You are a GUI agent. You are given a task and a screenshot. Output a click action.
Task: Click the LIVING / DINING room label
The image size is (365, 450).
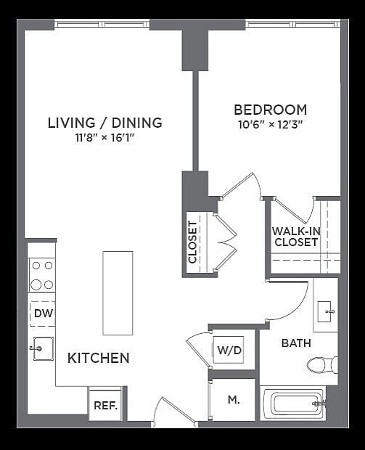pyautogui.click(x=104, y=123)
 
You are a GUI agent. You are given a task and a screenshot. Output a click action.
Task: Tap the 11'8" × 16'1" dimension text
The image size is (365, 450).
pyautogui.click(x=104, y=137)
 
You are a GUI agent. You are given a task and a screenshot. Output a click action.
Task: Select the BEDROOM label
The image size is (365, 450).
pyautogui.click(x=270, y=110)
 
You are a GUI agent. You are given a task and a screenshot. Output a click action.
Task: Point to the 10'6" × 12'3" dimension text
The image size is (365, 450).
pyautogui.click(x=270, y=124)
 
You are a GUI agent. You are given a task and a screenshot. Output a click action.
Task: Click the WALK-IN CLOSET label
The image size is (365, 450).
pyautogui.click(x=296, y=237)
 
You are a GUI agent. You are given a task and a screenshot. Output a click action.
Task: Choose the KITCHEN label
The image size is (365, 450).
pyautogui.click(x=99, y=358)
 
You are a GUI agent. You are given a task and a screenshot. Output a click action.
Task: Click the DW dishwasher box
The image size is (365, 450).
pyautogui.click(x=42, y=314)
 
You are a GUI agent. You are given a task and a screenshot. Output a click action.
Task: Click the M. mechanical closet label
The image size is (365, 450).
pyautogui.click(x=234, y=399)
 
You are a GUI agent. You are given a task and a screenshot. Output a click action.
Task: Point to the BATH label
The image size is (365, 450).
pyautogui.click(x=296, y=343)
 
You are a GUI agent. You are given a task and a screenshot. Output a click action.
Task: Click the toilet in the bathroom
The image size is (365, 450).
pyautogui.click(x=321, y=364)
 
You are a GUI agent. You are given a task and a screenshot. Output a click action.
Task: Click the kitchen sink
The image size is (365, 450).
pyautogui.click(x=42, y=349)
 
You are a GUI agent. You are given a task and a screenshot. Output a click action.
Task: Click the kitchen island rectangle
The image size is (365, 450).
pyautogui.click(x=118, y=292)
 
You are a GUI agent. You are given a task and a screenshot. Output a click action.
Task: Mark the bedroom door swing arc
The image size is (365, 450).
pyautogui.click(x=241, y=182)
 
